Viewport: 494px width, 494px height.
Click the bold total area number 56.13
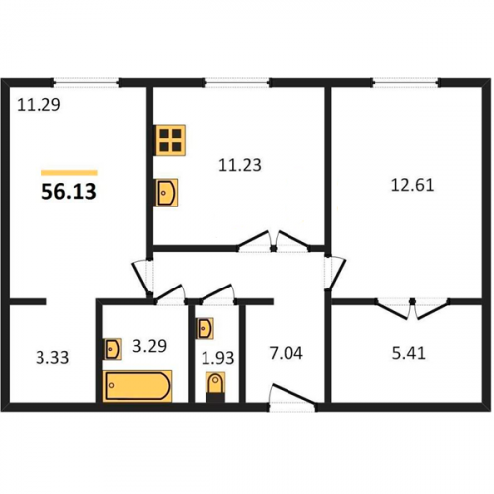coord(69,192)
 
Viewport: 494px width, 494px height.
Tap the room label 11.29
coord(39,105)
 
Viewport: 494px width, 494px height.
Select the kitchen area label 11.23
coord(240,165)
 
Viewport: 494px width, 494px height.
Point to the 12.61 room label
coord(412,185)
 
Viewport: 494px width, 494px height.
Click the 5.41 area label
coord(409,353)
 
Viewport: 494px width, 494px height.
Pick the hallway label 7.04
coord(286,353)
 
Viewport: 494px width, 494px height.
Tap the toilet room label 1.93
coord(217,358)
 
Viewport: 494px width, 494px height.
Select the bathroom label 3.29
coord(149,346)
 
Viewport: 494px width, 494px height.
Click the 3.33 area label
coord(52,358)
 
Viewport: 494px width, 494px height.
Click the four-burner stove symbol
coord(171,140)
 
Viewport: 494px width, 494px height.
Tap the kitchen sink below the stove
coord(167,193)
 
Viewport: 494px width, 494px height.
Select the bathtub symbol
coord(137,386)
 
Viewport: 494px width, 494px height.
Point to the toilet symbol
coord(215,386)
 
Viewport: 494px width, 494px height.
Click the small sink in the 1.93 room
coord(205,328)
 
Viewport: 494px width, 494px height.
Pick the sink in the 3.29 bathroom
coord(112,349)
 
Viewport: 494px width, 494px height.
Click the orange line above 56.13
coord(69,173)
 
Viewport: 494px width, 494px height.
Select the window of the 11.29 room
coord(86,82)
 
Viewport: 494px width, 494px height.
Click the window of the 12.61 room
coord(406,82)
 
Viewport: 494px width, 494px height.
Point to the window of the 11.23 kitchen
coord(237,82)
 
